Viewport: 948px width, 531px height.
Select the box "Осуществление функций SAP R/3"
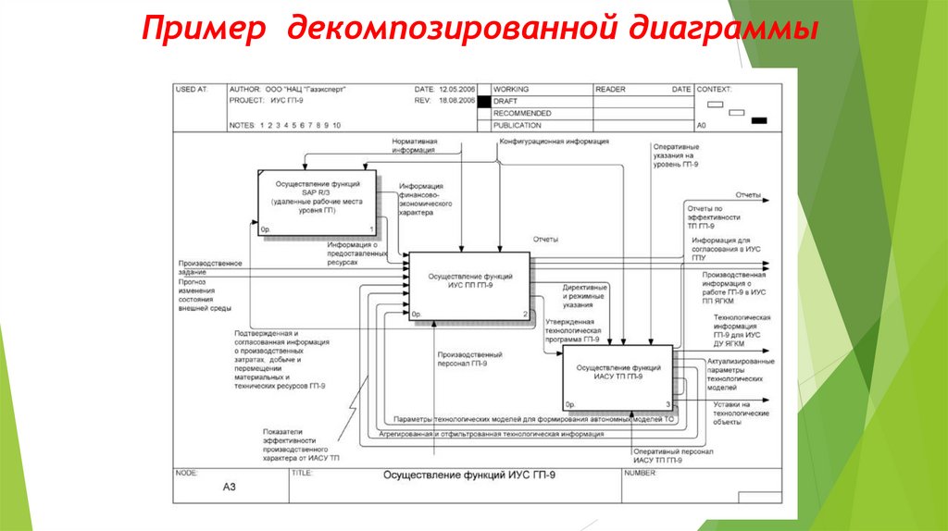(x=318, y=201)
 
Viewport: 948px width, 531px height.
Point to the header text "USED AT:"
(x=192, y=90)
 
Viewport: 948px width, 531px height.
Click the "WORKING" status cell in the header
(x=512, y=90)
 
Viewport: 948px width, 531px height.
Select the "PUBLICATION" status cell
(x=518, y=125)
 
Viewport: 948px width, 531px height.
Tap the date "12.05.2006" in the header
(x=457, y=90)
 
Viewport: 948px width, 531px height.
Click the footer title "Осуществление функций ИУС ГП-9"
(x=470, y=475)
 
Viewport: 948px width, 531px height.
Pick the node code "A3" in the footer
(x=230, y=486)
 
